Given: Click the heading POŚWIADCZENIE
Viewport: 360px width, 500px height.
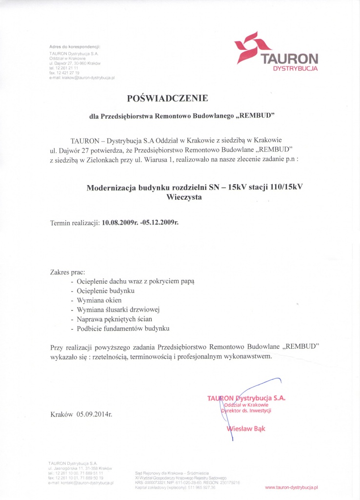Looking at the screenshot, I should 167,98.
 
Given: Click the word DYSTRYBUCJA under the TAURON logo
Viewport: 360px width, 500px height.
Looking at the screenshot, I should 295,69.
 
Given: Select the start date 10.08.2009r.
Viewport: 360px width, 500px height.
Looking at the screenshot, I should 120,223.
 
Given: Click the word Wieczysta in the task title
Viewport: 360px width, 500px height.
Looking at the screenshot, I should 183,198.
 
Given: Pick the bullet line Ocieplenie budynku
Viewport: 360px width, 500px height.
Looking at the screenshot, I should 102,291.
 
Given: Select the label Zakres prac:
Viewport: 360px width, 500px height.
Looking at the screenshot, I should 68,271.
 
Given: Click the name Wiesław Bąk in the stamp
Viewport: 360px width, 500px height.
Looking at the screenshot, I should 246,429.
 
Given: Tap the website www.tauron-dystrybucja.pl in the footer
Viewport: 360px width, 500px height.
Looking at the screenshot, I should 291,487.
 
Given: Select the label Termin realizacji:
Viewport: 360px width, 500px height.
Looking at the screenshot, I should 75,223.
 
